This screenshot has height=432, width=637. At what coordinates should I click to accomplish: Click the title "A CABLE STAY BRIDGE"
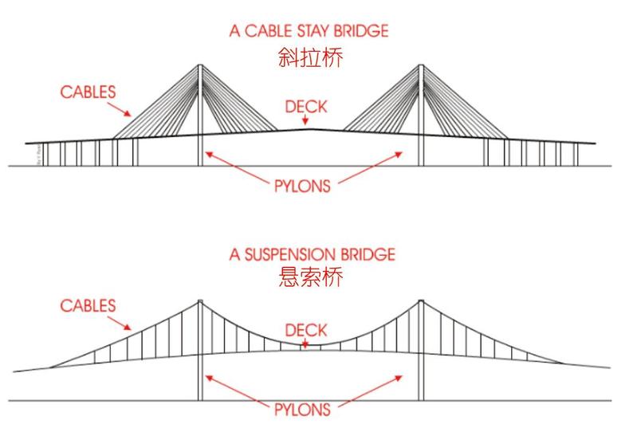pyautogui.click(x=309, y=32)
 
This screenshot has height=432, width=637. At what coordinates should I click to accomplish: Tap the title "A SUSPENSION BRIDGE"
pyautogui.click(x=311, y=255)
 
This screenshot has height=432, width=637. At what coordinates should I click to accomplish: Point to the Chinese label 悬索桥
pyautogui.click(x=309, y=278)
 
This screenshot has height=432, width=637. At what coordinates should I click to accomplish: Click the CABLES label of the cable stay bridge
pyautogui.click(x=88, y=92)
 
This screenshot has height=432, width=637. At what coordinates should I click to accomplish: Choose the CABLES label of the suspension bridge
pyautogui.click(x=88, y=305)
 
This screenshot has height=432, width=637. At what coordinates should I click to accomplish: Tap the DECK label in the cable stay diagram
pyautogui.click(x=306, y=106)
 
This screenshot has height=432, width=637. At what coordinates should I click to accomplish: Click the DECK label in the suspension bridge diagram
pyautogui.click(x=306, y=328)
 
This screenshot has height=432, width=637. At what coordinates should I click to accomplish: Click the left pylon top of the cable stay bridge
pyautogui.click(x=199, y=65)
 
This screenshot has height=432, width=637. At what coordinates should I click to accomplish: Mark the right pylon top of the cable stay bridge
pyautogui.click(x=421, y=65)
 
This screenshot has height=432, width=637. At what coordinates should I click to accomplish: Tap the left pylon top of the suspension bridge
pyautogui.click(x=199, y=300)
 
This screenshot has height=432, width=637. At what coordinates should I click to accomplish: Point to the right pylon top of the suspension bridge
pyautogui.click(x=421, y=300)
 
